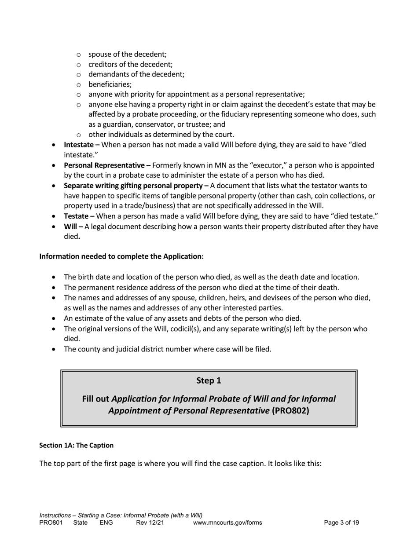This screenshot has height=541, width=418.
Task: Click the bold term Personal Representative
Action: [104, 165]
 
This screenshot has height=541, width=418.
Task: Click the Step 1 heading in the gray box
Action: [209, 380]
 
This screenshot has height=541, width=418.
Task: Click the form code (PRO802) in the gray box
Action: [290, 410]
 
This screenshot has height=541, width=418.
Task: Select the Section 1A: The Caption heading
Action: [76, 445]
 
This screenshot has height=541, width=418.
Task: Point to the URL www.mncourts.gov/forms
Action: [227, 523]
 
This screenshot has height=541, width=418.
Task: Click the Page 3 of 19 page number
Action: [341, 523]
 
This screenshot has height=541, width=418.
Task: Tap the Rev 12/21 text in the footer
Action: [150, 523]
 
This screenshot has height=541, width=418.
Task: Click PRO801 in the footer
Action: [51, 523]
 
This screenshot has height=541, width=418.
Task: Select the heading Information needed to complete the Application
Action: [121, 256]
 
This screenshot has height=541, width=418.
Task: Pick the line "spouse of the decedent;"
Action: [127, 54]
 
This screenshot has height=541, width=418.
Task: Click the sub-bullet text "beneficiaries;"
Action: [110, 84]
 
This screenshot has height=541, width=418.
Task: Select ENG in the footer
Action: [106, 523]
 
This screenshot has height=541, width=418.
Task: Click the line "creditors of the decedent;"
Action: [130, 64]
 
